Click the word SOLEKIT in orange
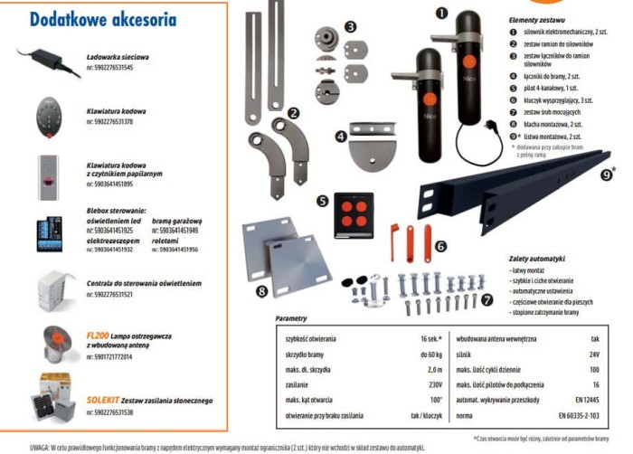[x=103, y=400]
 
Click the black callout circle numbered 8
[x=262, y=290]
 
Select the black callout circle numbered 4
[x=340, y=137]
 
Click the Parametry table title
[x=298, y=319]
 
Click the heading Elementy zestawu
[x=537, y=20]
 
